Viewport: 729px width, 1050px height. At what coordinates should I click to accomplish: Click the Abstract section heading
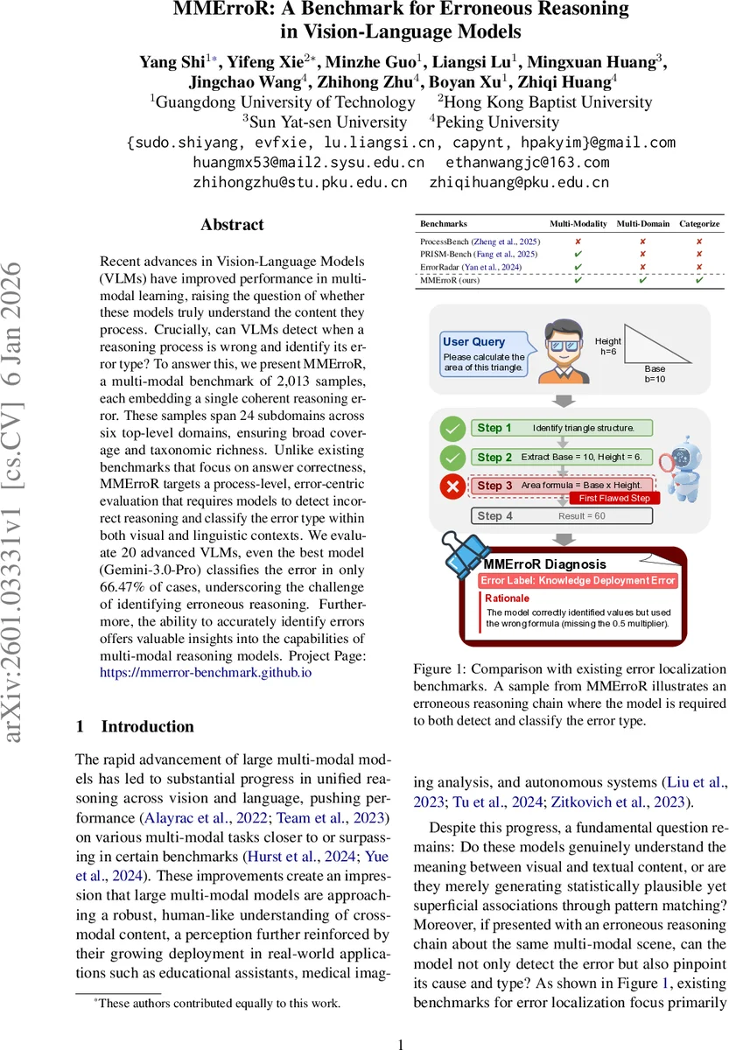pos(232,225)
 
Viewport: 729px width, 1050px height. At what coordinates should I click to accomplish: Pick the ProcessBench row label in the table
pos(480,241)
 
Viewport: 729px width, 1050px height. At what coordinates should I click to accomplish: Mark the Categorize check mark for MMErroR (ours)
pos(699,280)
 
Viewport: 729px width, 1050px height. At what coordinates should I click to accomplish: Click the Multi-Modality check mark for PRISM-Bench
pos(578,254)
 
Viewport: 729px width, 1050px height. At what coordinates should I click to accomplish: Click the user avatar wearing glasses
pos(561,353)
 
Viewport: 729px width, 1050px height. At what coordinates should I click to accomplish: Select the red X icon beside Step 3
pos(452,486)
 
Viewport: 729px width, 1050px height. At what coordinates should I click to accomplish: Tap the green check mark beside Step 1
pos(452,429)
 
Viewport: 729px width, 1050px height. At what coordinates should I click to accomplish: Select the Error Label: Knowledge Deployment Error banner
pos(578,580)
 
